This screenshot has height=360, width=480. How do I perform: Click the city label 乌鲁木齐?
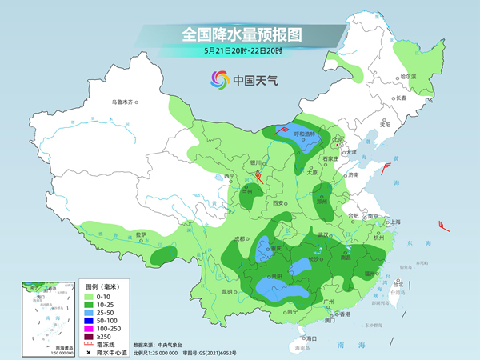pyautogui.click(x=124, y=102)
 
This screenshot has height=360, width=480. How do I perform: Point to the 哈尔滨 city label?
pyautogui.click(x=408, y=77)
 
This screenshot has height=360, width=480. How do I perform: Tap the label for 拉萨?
pyautogui.click(x=141, y=234)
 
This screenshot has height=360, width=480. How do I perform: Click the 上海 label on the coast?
pyautogui.click(x=394, y=222)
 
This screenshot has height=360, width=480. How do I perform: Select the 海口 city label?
pyautogui.click(x=312, y=338)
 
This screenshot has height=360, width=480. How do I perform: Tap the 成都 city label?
pyautogui.click(x=240, y=238)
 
